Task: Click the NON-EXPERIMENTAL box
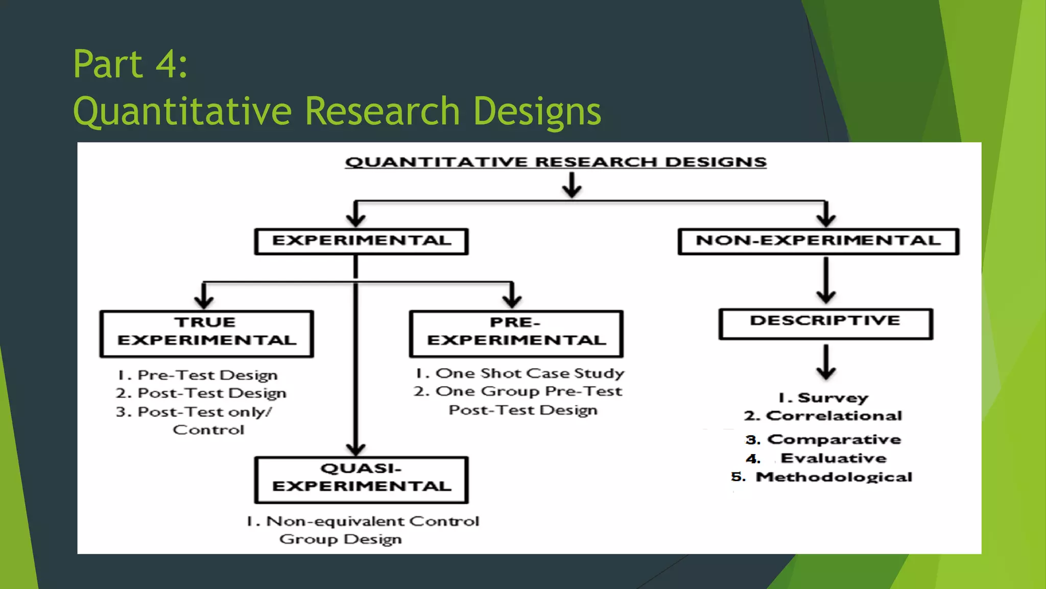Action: pyautogui.click(x=818, y=241)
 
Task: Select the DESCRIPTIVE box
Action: pyautogui.click(x=825, y=324)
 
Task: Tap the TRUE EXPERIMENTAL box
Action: pyautogui.click(x=206, y=333)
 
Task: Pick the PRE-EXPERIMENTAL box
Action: pyautogui.click(x=516, y=333)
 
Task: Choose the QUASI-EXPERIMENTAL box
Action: pyautogui.click(x=361, y=480)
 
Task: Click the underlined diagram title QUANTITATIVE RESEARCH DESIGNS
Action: pyautogui.click(x=556, y=162)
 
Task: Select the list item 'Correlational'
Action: pyautogui.click(x=834, y=416)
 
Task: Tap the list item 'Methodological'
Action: pyautogui.click(x=834, y=477)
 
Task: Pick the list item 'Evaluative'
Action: pyautogui.click(x=834, y=458)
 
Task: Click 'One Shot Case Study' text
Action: pyautogui.click(x=529, y=373)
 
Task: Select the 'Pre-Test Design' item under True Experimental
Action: pyautogui.click(x=207, y=375)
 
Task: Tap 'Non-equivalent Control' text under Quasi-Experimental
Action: pyautogui.click(x=372, y=521)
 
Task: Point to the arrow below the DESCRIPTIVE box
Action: pyautogui.click(x=825, y=362)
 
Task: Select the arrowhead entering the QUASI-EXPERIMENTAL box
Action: pyautogui.click(x=355, y=449)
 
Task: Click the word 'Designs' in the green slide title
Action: pyautogui.click(x=537, y=111)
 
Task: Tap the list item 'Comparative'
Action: pyautogui.click(x=834, y=439)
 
